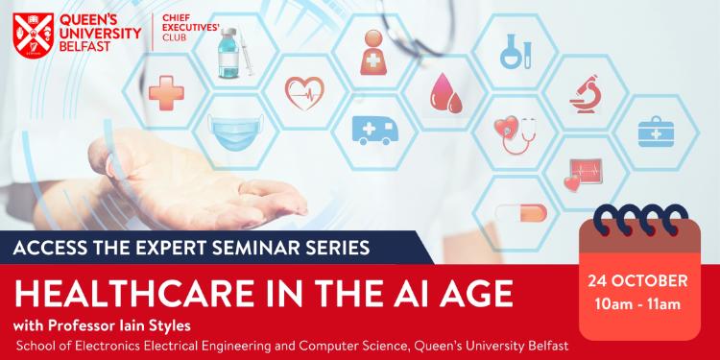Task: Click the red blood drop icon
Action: coord(444,93)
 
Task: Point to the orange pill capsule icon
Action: coord(520,212)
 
